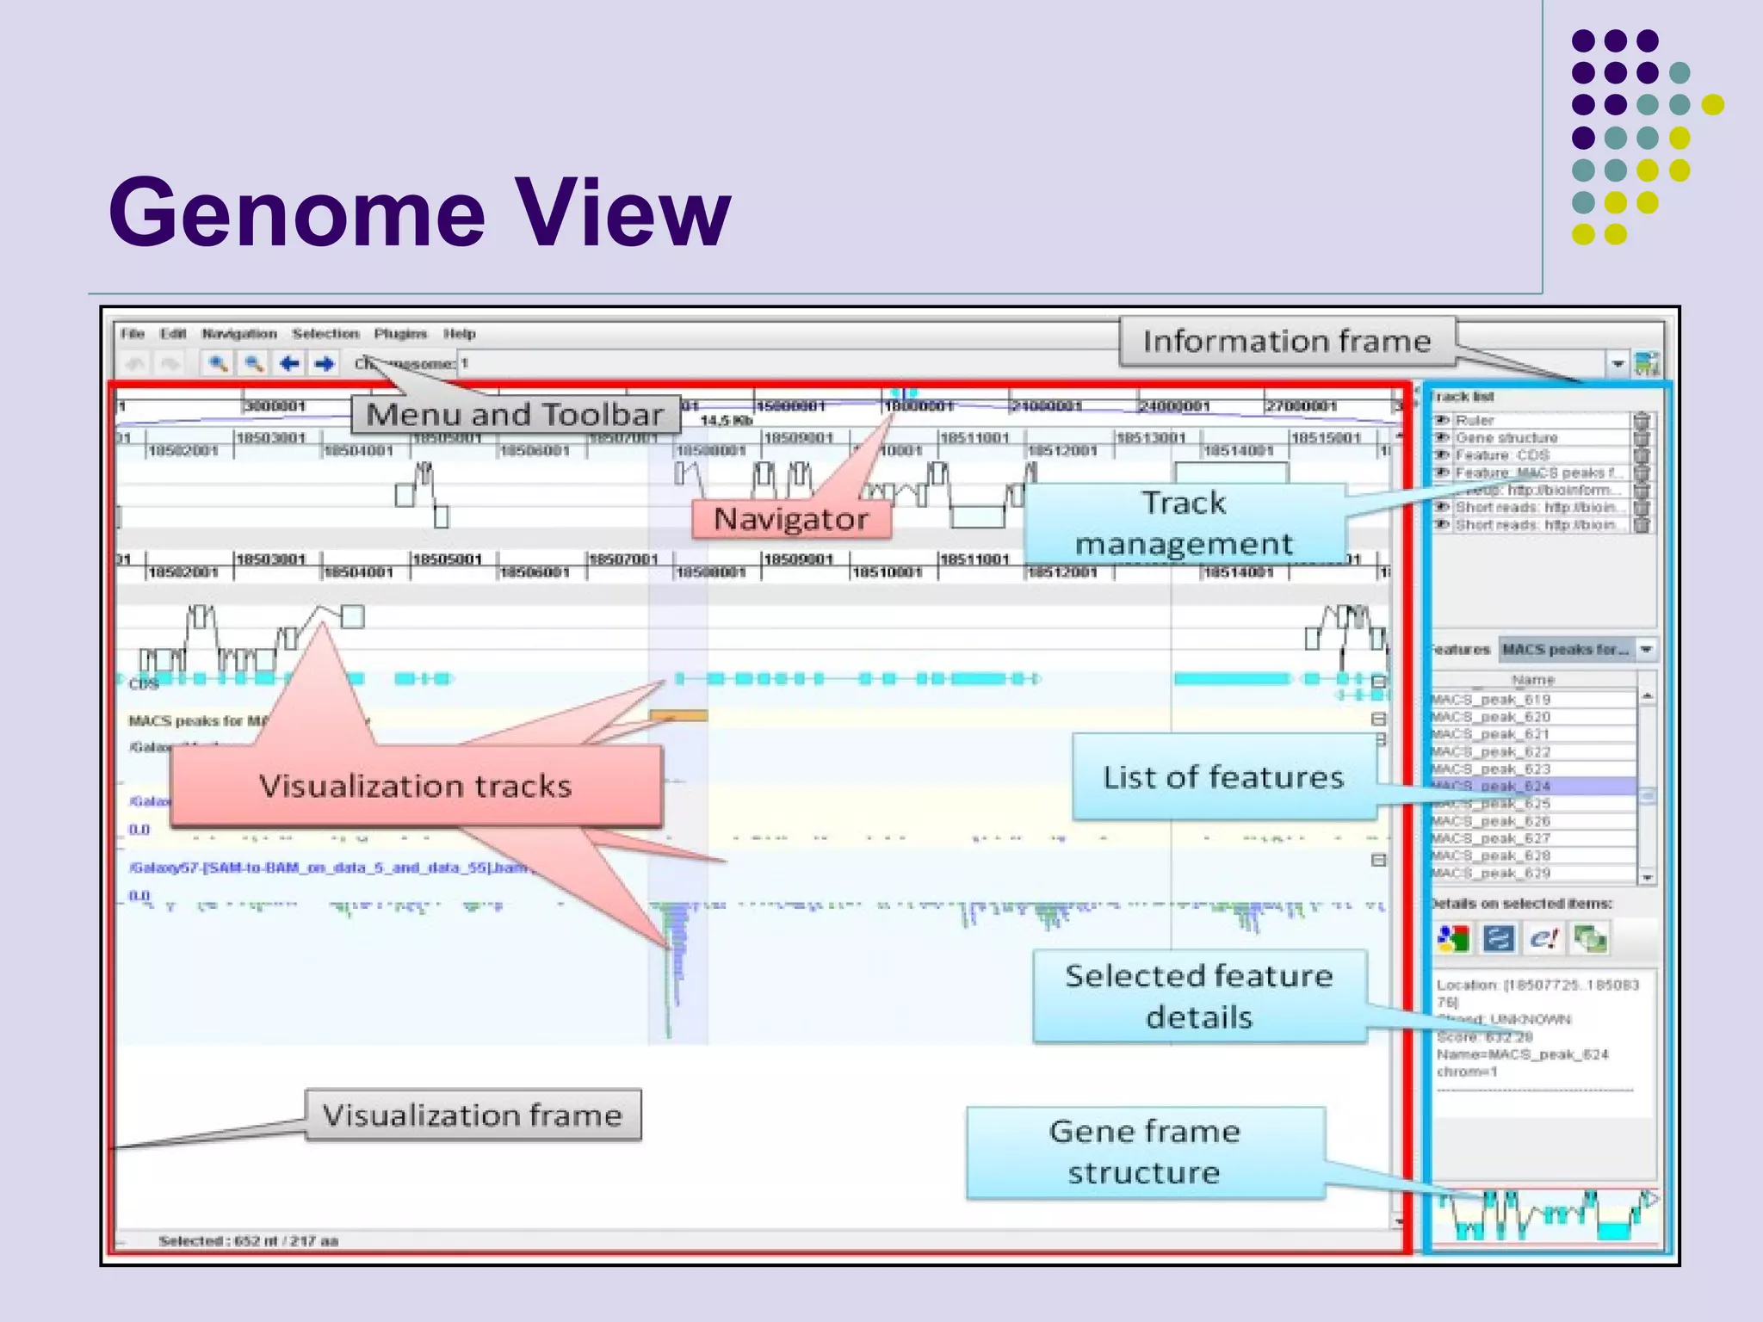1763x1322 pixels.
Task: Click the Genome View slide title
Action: point(419,213)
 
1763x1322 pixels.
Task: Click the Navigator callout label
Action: point(790,519)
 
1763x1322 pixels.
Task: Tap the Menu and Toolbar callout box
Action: point(515,415)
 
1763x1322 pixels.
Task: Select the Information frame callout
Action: point(1286,342)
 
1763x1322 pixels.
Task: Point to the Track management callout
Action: point(1184,523)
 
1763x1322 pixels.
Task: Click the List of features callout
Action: point(1222,777)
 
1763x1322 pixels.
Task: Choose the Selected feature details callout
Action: point(1198,997)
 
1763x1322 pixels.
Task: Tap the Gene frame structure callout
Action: point(1144,1152)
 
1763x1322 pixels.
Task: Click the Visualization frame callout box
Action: point(472,1115)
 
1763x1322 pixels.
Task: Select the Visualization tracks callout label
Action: point(416,786)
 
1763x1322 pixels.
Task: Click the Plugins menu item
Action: point(400,334)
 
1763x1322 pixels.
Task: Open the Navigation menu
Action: point(239,334)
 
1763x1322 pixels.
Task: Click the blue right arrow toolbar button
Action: point(324,364)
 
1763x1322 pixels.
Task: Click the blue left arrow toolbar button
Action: point(289,364)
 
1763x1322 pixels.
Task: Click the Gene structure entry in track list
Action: point(1506,438)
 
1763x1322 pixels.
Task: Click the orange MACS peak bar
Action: point(678,716)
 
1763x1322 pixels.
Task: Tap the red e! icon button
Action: point(1544,938)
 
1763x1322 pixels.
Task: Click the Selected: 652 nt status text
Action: point(248,1240)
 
